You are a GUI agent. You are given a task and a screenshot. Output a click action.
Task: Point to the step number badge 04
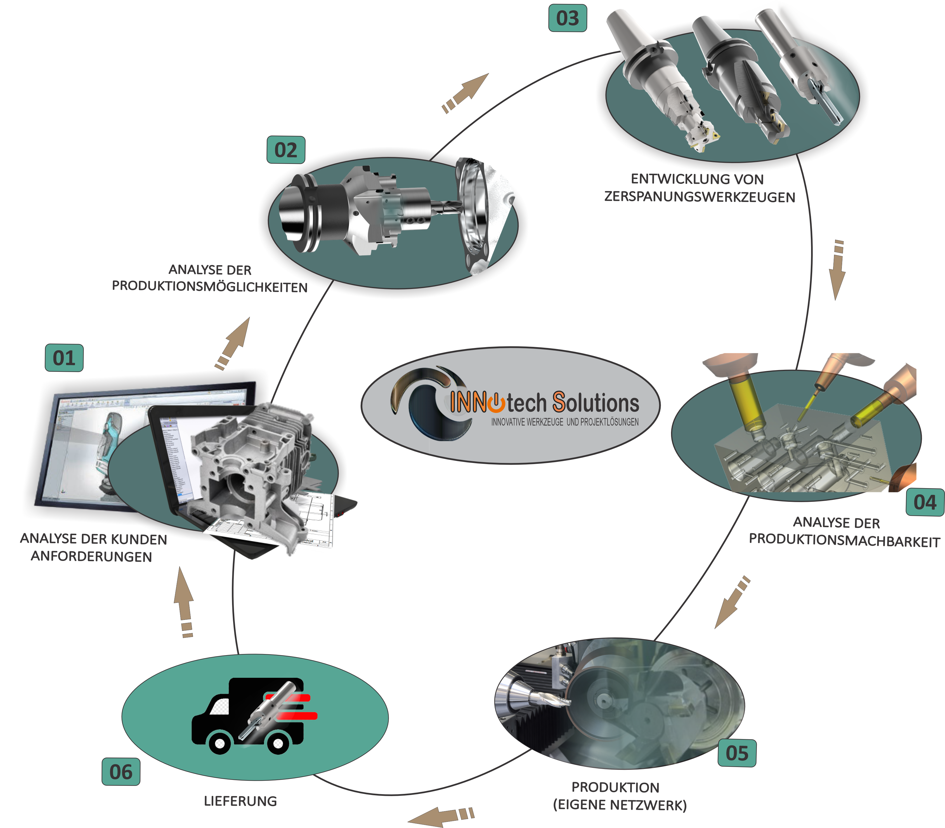point(925,502)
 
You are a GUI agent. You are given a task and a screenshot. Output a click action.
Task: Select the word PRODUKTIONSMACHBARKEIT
point(844,541)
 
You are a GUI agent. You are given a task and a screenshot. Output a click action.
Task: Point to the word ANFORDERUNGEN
point(91,556)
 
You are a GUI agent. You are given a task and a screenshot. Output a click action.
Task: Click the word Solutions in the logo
point(596,403)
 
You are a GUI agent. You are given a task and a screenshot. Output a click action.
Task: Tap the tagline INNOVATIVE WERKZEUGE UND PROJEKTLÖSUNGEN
point(564,422)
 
